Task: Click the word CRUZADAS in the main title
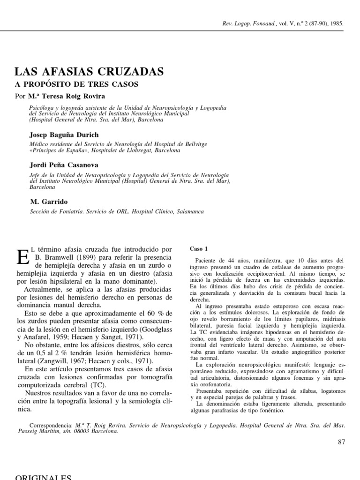[129, 72]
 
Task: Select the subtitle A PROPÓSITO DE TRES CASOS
[77, 85]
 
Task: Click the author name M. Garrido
[48, 202]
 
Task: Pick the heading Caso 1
[198, 248]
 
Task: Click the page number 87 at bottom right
[341, 442]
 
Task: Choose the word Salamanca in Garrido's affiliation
[188, 212]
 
